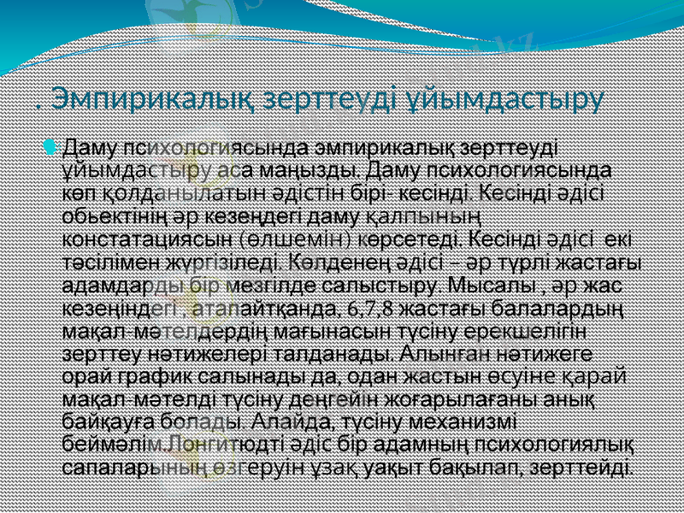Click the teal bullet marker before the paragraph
[x=56, y=146]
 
